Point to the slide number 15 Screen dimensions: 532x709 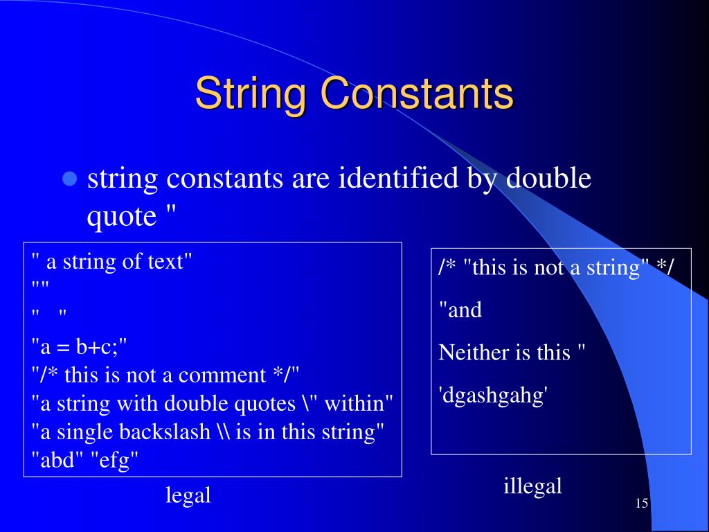point(641,503)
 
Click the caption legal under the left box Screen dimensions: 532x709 point(188,495)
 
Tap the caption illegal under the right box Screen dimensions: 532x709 point(532,486)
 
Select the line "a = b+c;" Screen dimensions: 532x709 point(80,345)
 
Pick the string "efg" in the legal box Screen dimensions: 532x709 point(115,461)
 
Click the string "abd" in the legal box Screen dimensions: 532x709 point(57,461)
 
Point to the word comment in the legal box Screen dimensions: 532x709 point(222,375)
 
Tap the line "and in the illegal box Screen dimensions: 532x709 point(460,310)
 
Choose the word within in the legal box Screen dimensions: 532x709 point(358,403)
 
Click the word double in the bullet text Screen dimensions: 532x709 point(549,179)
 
